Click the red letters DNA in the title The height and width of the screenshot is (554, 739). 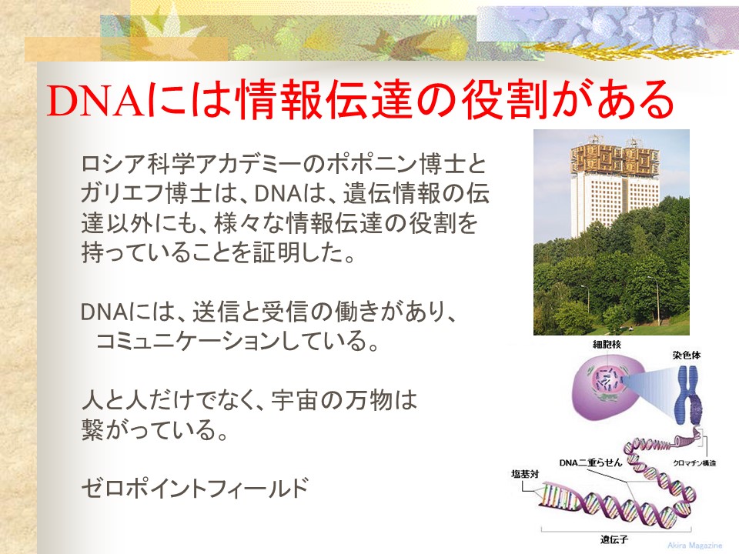click(95, 100)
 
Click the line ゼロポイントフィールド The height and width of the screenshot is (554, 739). click(195, 488)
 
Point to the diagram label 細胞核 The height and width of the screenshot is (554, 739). click(607, 345)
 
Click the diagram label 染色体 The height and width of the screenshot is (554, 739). click(686, 355)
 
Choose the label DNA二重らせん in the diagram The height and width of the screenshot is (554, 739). click(590, 463)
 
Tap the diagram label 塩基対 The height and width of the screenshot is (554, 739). click(525, 474)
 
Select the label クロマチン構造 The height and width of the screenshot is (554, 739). click(694, 463)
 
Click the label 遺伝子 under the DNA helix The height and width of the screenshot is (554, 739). click(614, 539)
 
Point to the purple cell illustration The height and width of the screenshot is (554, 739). click(604, 384)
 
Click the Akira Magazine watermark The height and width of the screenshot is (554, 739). click(694, 545)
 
